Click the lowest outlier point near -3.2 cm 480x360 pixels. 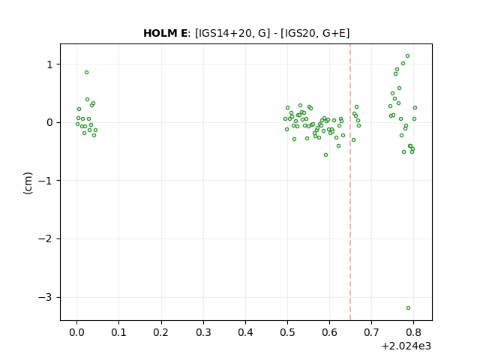[x=408, y=308]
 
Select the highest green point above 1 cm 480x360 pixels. [x=407, y=56]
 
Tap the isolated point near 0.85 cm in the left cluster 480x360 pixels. [x=87, y=73]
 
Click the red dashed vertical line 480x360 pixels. [x=350, y=182]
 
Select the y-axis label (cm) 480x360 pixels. [x=28, y=183]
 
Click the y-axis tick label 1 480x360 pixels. [x=49, y=64]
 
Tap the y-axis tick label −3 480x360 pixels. [x=45, y=297]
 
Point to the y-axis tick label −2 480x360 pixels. [x=45, y=239]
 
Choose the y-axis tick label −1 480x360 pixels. [x=45, y=181]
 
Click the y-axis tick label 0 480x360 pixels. [x=49, y=123]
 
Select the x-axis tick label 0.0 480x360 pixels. [x=76, y=332]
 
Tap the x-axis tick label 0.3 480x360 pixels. [x=203, y=332]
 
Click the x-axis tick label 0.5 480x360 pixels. [x=287, y=332]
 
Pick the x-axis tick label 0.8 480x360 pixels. [x=413, y=332]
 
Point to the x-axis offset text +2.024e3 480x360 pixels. [x=406, y=346]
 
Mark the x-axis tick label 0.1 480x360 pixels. [x=118, y=332]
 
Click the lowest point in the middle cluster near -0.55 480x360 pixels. [x=325, y=155]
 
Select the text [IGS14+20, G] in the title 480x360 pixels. [x=232, y=33]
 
